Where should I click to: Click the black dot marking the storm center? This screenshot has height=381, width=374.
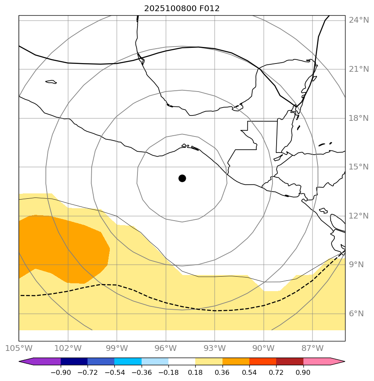(182, 178)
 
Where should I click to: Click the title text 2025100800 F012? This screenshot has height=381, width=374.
(182, 9)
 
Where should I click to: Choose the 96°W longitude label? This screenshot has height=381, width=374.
(166, 348)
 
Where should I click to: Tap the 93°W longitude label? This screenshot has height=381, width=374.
(215, 348)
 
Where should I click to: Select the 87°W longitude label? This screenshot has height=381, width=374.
(312, 348)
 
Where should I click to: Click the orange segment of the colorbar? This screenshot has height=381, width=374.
(236, 362)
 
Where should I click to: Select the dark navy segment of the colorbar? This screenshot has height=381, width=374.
(74, 362)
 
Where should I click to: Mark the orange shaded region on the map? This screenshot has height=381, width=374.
(62, 247)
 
